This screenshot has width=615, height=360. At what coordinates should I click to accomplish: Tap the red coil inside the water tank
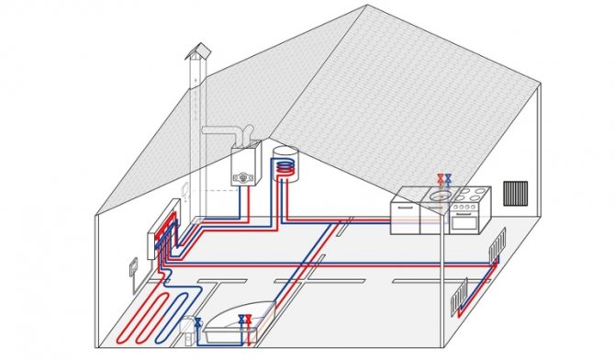click(288, 166)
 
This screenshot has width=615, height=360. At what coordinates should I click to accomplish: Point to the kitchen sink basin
click(438, 197)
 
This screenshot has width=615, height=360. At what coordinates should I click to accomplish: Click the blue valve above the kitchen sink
click(448, 180)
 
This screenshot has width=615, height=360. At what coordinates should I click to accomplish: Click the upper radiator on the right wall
click(498, 245)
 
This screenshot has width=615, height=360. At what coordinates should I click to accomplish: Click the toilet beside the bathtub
click(190, 330)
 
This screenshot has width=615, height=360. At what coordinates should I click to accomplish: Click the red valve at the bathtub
click(249, 321)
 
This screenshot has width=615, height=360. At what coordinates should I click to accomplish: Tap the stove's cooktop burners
click(468, 196)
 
